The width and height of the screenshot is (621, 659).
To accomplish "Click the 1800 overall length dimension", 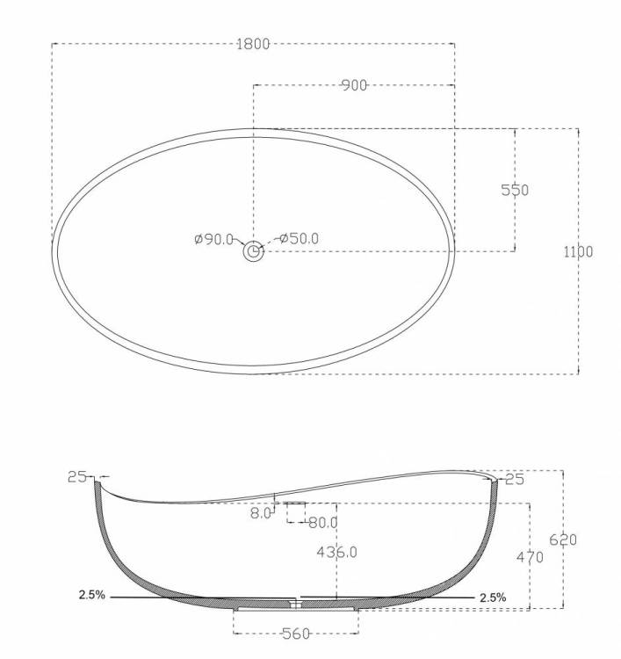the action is point(253,44).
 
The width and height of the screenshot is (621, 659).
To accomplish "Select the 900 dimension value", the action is point(354,86).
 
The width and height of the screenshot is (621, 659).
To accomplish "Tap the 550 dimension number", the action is point(515,190).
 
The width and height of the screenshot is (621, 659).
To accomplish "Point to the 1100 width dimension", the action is point(578,252).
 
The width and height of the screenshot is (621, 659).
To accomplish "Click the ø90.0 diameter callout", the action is point(213,239).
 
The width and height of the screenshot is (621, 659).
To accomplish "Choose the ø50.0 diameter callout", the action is point(299,238).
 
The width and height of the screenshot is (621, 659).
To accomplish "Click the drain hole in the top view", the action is point(253,251).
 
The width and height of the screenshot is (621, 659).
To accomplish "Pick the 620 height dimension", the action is point(563,540).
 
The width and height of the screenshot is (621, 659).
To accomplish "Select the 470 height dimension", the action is point(530,557).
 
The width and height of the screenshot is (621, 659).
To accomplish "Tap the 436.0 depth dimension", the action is point(337,552).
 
